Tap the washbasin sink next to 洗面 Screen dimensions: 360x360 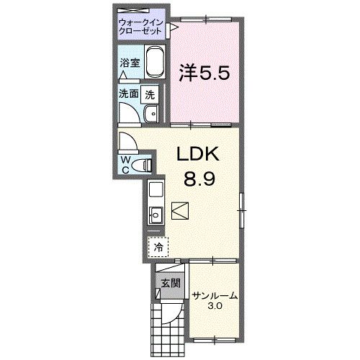[x=151, y=114]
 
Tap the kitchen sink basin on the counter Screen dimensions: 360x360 [x=155, y=214]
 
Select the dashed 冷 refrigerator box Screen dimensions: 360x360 [x=158, y=246]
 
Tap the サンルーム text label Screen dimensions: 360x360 [x=215, y=296]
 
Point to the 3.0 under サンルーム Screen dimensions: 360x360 [x=215, y=307]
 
